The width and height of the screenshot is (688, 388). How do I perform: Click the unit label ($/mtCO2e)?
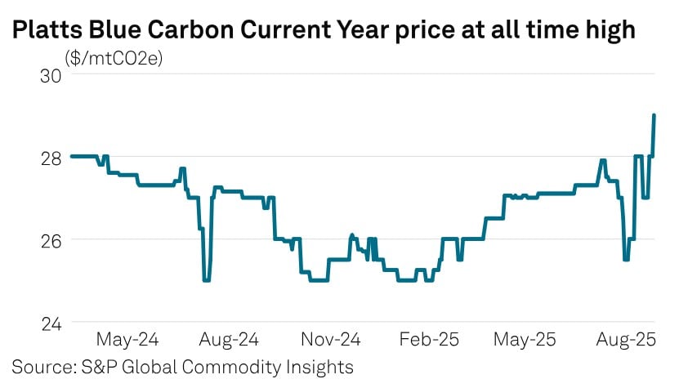pyautogui.click(x=114, y=59)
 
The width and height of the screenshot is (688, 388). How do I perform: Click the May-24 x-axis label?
pyautogui.click(x=127, y=338)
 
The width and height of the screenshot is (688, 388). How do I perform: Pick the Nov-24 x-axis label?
pyautogui.click(x=331, y=338)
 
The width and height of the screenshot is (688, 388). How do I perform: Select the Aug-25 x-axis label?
pyautogui.click(x=631, y=338)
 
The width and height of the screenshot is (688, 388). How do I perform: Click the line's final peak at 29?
pyautogui.click(x=654, y=116)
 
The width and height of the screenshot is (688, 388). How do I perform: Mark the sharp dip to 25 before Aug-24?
pyautogui.click(x=206, y=280)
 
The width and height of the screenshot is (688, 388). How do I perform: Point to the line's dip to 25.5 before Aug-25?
pyautogui.click(x=626, y=260)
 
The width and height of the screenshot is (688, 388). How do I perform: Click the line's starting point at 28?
pyautogui.click(x=73, y=156)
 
